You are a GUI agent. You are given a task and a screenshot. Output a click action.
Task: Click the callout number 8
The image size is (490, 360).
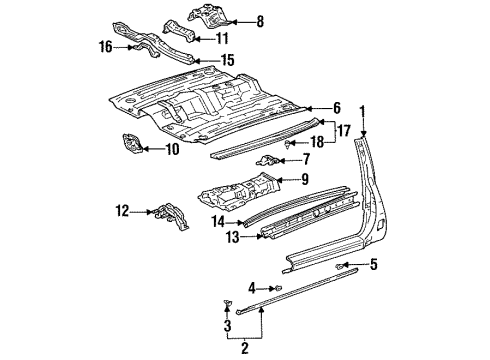[260, 20]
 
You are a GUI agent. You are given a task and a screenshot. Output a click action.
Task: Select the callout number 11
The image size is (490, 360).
[223, 39]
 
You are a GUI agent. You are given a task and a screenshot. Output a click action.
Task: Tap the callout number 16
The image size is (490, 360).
[105, 46]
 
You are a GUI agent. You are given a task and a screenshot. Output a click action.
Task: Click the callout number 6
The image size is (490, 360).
[337, 107]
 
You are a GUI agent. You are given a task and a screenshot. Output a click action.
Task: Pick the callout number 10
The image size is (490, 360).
[172, 149]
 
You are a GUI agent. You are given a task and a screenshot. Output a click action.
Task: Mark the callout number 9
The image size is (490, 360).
[305, 181]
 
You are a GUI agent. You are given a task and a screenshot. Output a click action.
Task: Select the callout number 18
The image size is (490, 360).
[317, 143]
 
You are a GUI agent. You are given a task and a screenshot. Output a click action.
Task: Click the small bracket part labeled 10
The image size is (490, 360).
[130, 146]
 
